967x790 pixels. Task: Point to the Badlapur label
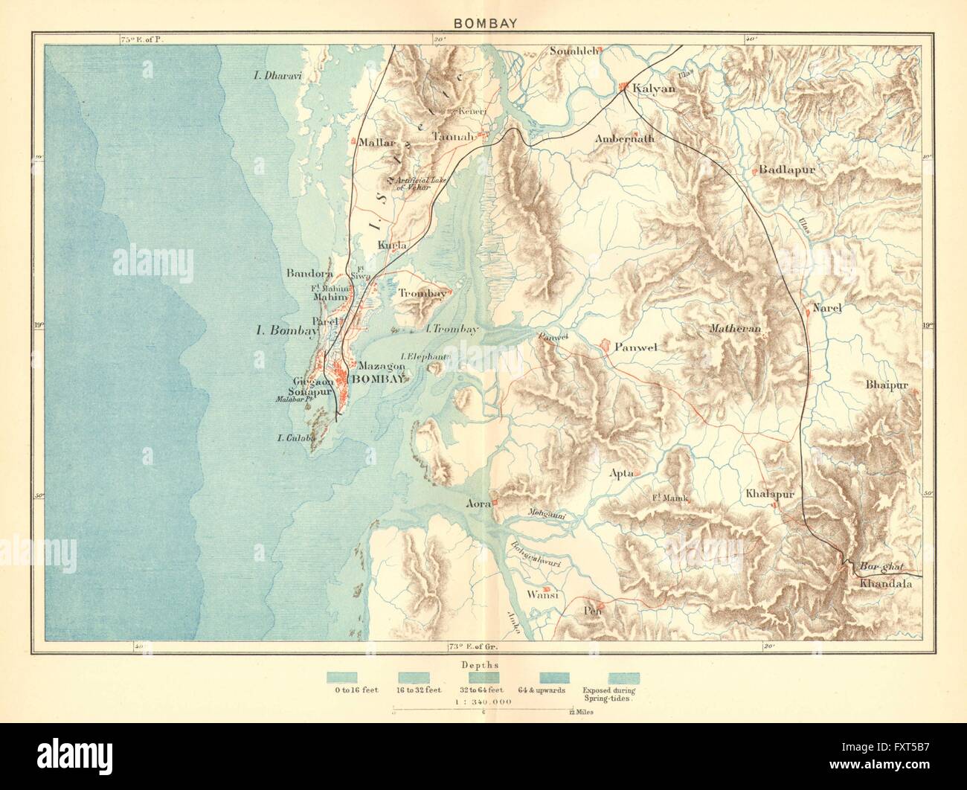(x=788, y=170)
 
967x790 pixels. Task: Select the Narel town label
(x=826, y=308)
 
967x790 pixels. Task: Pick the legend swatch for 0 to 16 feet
(x=341, y=677)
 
